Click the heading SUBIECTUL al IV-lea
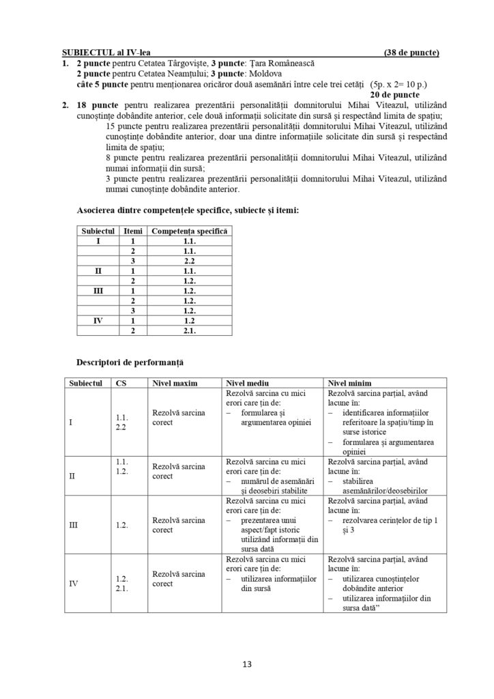click(x=106, y=53)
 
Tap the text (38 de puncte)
click(x=411, y=53)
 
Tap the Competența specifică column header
click(x=190, y=231)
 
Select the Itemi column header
click(x=133, y=231)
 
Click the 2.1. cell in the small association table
click(x=190, y=331)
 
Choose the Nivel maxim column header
click(x=175, y=383)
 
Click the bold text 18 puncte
click(x=91, y=108)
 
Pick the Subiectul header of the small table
click(x=98, y=231)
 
